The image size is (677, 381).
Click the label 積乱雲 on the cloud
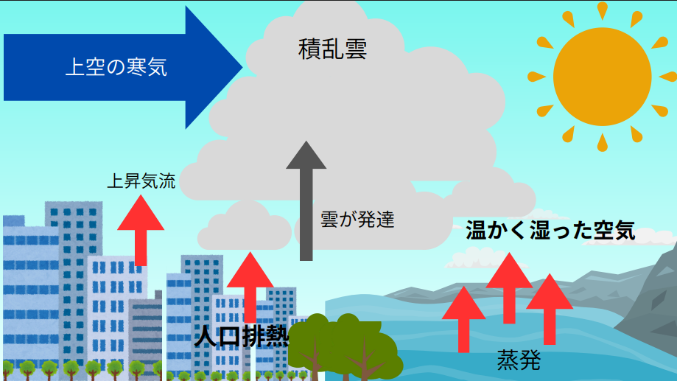click(333, 49)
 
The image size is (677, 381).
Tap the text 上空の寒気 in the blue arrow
click(116, 68)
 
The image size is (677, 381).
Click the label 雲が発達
click(358, 219)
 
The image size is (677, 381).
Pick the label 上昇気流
click(141, 181)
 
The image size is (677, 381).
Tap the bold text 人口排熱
click(242, 336)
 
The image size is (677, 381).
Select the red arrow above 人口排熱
click(250, 284)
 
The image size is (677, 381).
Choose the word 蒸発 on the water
click(519, 360)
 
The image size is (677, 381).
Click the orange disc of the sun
click(602, 77)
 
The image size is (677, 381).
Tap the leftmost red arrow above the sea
click(463, 317)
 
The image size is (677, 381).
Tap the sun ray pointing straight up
click(602, 10)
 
